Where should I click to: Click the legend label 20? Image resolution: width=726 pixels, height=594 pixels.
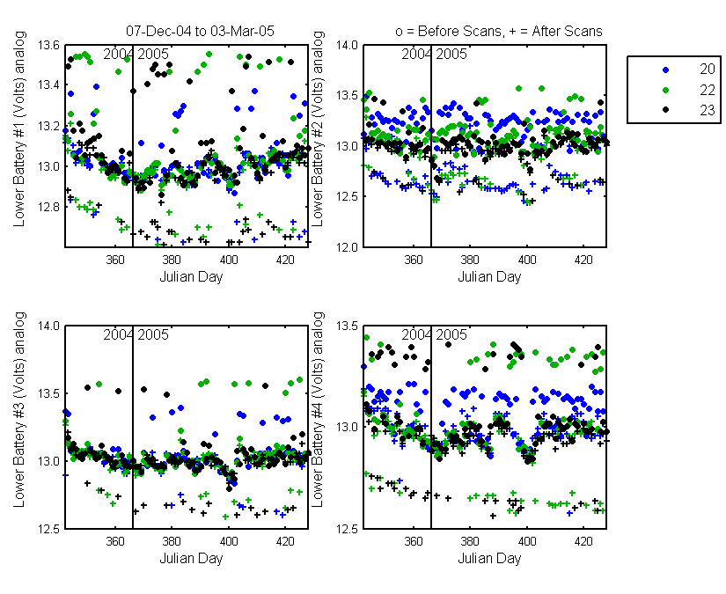pyautogui.click(x=707, y=69)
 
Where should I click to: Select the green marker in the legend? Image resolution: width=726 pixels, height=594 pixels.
pyautogui.click(x=666, y=90)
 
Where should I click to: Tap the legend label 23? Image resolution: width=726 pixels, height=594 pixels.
pyautogui.click(x=707, y=110)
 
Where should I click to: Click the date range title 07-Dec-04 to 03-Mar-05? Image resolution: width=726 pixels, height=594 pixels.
pyautogui.click(x=200, y=31)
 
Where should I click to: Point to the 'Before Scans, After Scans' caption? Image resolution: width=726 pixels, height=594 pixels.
pyautogui.click(x=499, y=31)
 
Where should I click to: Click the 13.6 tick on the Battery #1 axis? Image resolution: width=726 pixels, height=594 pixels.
pyautogui.click(x=48, y=45)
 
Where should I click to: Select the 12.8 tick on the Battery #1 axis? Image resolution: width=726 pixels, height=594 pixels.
pyautogui.click(x=48, y=207)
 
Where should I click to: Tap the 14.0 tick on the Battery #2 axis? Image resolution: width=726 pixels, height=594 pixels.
pyautogui.click(x=347, y=45)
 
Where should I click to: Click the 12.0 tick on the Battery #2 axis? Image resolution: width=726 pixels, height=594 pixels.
pyautogui.click(x=347, y=246)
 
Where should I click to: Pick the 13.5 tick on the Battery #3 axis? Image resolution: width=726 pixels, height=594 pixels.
pyautogui.click(x=48, y=393)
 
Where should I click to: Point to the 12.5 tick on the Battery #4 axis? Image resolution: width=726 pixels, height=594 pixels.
pyautogui.click(x=347, y=529)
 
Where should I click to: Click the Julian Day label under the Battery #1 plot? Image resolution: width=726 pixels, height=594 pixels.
pyautogui.click(x=191, y=277)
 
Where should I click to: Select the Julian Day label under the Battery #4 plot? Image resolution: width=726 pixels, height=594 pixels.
pyautogui.click(x=489, y=559)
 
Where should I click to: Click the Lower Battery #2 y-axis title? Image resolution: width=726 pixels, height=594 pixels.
pyautogui.click(x=318, y=129)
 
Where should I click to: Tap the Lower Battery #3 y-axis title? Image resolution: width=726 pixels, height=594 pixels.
pyautogui.click(x=19, y=410)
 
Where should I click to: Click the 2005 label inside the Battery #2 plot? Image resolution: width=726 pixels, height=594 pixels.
pyautogui.click(x=451, y=55)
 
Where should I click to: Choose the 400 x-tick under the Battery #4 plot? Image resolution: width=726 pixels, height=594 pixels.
pyautogui.click(x=527, y=540)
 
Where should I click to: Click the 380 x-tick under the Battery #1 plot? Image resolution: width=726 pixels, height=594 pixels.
pyautogui.click(x=172, y=260)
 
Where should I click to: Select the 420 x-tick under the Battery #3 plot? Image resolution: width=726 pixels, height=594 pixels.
pyautogui.click(x=285, y=540)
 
